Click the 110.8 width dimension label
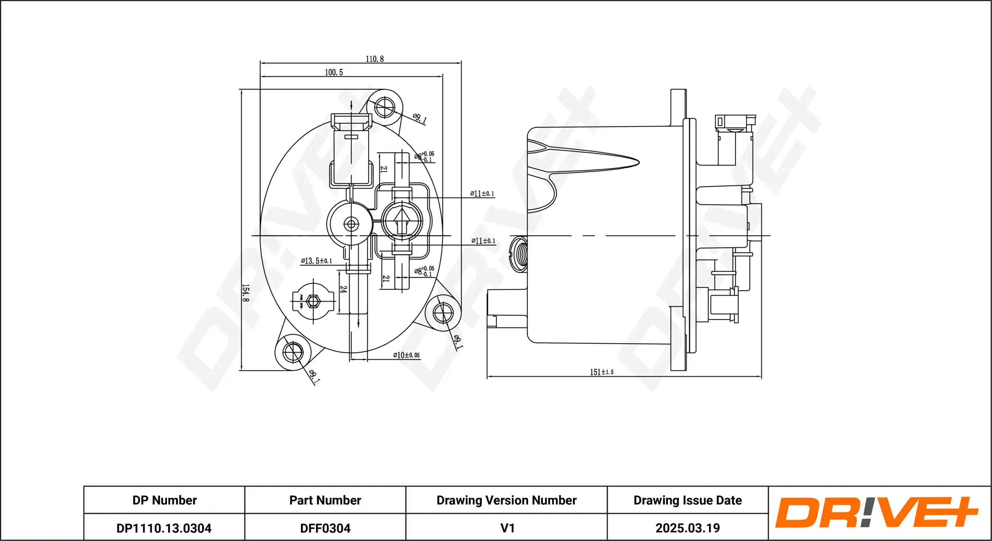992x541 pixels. (374, 59)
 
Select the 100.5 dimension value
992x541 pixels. (334, 73)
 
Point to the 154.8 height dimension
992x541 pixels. (246, 293)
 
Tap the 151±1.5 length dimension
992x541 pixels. (602, 372)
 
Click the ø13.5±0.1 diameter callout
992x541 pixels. (316, 261)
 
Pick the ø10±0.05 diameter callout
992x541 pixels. (406, 355)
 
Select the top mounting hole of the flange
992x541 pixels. (384, 106)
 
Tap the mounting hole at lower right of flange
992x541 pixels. (443, 313)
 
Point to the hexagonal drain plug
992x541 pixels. (313, 301)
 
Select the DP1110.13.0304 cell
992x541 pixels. (164, 528)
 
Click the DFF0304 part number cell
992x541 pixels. (325, 528)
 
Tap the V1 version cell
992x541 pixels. (507, 528)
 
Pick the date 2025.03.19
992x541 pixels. (687, 528)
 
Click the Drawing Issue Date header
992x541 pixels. (687, 500)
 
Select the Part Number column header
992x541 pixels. (325, 500)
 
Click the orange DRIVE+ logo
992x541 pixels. (876, 512)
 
